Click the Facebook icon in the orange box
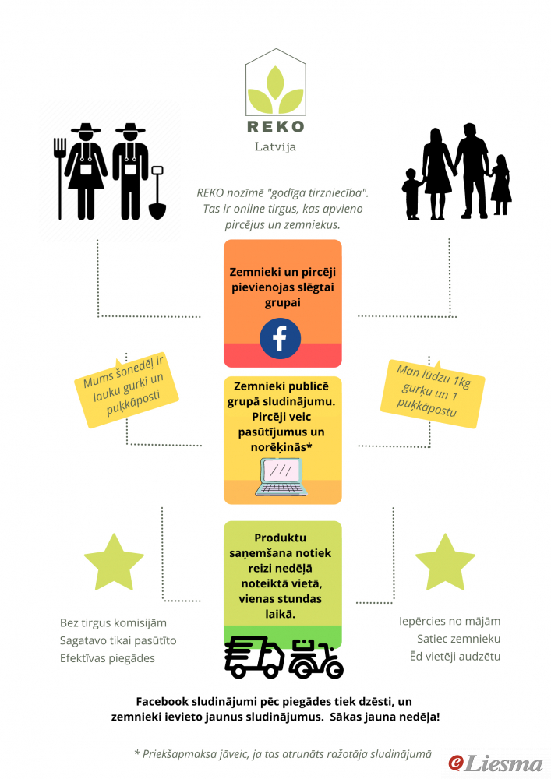click(x=281, y=338)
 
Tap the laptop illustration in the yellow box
click(x=281, y=477)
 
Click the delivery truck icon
click(x=254, y=658)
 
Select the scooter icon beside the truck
click(x=316, y=659)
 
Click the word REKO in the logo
click(x=276, y=126)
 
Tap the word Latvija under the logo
click(x=275, y=146)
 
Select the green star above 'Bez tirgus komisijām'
click(x=114, y=563)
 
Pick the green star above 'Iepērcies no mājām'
click(x=445, y=563)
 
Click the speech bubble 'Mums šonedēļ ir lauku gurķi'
click(x=126, y=390)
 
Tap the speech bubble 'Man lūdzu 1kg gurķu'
click(x=433, y=393)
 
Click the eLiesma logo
click(x=496, y=763)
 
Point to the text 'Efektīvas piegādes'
click(x=108, y=658)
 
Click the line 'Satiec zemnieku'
click(x=458, y=639)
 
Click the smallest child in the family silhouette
click(x=411, y=194)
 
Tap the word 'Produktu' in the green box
click(x=281, y=538)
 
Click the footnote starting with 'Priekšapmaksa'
click(x=283, y=754)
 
